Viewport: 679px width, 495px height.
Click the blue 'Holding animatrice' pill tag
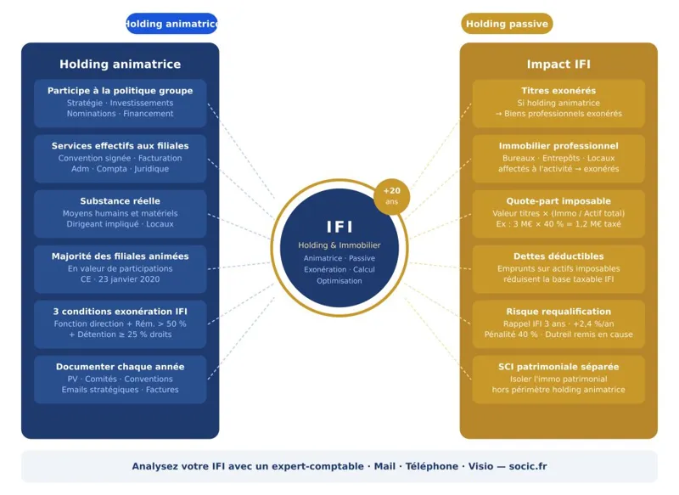click(171, 24)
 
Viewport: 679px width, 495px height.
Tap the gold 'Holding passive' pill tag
click(507, 24)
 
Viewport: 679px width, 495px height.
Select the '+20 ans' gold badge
click(391, 196)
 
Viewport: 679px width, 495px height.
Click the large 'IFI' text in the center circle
click(339, 227)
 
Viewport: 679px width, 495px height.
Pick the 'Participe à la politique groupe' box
click(120, 103)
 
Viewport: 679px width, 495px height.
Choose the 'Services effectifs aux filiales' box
click(120, 158)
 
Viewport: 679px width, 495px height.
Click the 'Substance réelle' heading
click(120, 201)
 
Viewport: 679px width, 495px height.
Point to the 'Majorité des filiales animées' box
click(120, 268)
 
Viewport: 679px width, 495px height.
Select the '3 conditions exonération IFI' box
click(120, 323)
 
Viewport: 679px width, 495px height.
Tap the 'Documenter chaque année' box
click(120, 379)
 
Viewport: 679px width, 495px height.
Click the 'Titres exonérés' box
click(558, 103)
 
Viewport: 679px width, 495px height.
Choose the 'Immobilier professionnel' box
click(558, 158)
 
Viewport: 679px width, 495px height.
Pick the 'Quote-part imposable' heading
click(558, 201)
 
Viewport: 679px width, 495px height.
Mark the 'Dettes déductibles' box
click(558, 268)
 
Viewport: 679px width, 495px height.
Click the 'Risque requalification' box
click(558, 323)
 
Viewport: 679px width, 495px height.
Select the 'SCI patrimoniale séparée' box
click(558, 379)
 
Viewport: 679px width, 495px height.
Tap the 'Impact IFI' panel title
click(558, 65)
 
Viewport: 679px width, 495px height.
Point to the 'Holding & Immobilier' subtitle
click(339, 245)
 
